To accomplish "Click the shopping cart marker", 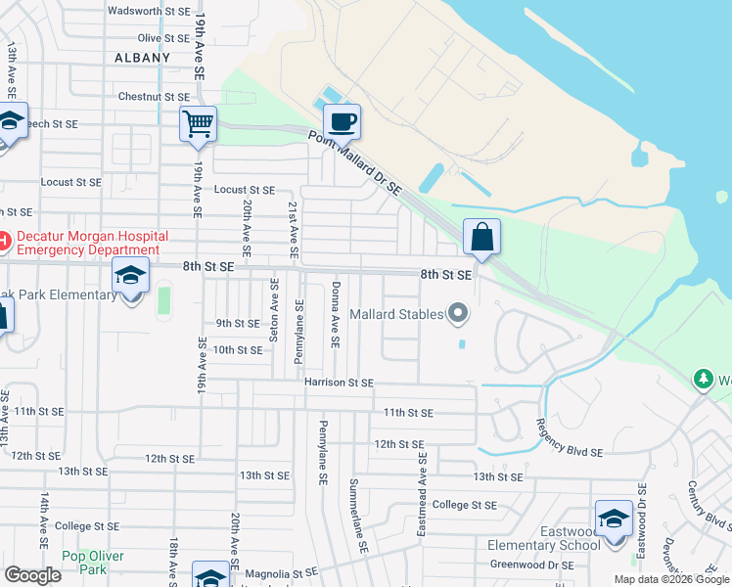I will (x=198, y=124).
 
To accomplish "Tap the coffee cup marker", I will (x=342, y=122).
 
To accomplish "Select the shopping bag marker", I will (x=482, y=237).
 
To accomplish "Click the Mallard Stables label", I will (x=394, y=315).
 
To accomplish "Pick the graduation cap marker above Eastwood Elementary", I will (x=614, y=518).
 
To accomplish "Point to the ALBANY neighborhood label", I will (x=142, y=58).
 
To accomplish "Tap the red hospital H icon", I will (x=3, y=239).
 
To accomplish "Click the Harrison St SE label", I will (x=339, y=383).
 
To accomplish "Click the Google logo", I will (x=32, y=575).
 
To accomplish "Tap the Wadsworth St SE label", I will (x=148, y=12).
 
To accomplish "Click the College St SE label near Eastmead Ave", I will (x=465, y=506).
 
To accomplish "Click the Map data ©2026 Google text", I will (x=670, y=579).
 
